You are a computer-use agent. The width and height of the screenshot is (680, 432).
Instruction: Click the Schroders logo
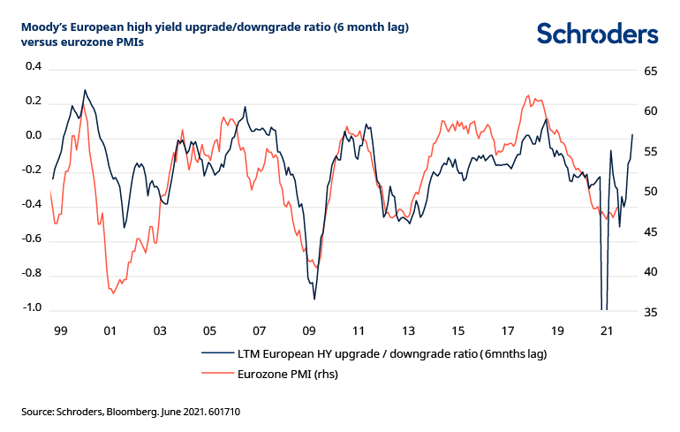[x=597, y=34]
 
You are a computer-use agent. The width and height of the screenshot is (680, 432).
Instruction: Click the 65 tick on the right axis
[x=649, y=71]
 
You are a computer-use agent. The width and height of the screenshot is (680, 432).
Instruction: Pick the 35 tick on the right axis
[x=649, y=312]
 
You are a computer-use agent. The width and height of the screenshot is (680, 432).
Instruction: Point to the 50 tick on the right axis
[x=649, y=192]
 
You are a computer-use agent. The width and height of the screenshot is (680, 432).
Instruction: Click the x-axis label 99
[x=60, y=330]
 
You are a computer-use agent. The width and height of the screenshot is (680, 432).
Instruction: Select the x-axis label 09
[x=309, y=330]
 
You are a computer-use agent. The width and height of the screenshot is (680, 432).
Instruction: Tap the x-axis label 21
[x=607, y=330]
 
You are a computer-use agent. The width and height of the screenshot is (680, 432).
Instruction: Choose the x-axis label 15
[x=457, y=330]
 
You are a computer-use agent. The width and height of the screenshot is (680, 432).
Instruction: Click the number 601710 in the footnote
[x=223, y=411]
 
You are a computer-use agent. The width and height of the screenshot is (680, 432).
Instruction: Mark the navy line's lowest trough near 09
[x=314, y=299]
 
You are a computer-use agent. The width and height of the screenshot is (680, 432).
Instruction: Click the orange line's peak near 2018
[x=528, y=95]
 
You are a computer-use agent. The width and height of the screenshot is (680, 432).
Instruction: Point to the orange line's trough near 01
[x=113, y=293]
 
